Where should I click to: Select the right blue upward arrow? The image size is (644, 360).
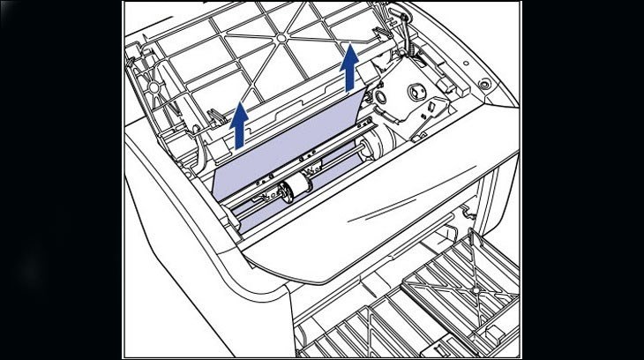tap(351, 69)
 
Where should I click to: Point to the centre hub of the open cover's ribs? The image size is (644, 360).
tap(281, 39)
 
